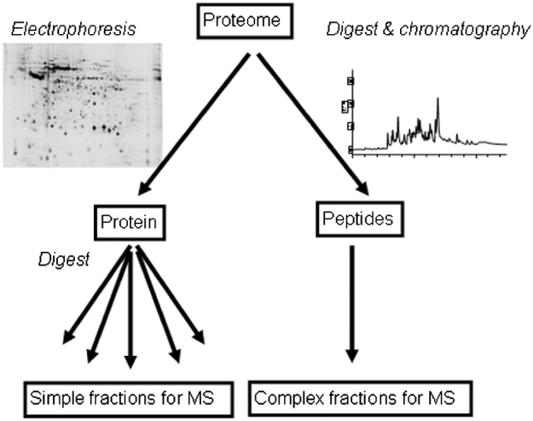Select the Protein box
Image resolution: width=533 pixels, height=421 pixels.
pos(130,223)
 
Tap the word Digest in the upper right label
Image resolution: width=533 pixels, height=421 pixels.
pos(345,31)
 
